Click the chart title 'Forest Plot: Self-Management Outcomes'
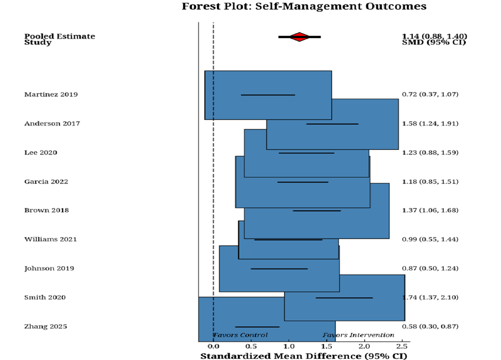304,6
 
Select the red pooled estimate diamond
299,37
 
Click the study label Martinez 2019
51,94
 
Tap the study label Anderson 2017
52,123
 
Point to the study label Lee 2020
40,152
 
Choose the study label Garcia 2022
46,182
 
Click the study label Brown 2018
47,210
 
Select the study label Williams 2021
51,239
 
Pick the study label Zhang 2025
45,326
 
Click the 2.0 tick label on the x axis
364,346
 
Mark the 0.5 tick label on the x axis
251,346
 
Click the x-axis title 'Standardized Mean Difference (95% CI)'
303,356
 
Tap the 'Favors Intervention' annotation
358,335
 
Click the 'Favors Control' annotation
240,335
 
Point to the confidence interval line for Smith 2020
344,298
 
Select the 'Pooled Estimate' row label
60,36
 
